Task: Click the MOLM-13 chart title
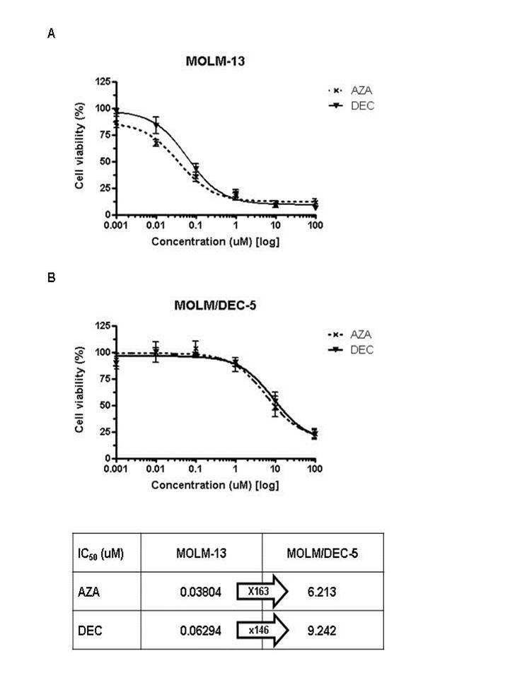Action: point(215,61)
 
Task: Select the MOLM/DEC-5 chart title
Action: point(215,305)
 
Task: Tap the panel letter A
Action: point(51,33)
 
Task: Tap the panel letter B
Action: point(51,277)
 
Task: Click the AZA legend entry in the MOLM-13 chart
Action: point(350,90)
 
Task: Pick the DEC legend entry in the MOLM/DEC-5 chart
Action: point(350,349)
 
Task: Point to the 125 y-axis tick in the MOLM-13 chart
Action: point(103,81)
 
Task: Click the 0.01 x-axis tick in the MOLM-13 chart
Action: point(156,226)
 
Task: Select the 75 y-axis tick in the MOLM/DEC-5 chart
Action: point(106,379)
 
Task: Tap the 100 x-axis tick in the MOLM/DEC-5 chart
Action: point(315,469)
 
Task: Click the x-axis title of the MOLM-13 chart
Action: point(215,242)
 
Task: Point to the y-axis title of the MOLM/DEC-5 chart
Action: point(79,389)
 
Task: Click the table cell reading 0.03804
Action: point(201,592)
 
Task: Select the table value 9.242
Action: point(322,631)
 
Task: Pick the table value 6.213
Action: point(322,592)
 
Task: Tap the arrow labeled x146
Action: point(262,631)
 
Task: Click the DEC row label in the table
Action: point(90,631)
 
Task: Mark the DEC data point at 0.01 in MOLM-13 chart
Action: point(156,125)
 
